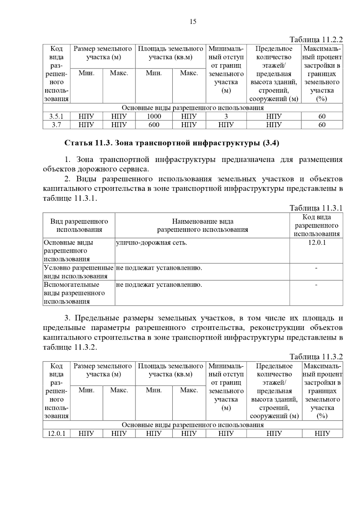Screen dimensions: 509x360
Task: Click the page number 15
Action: pos(193,21)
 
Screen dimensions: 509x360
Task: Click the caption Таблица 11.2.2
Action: pos(316,40)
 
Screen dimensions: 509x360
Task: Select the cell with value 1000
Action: pos(154,116)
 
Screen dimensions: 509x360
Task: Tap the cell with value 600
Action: pos(154,125)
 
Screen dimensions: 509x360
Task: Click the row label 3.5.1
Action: pos(56,116)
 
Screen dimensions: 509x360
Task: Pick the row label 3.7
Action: pos(56,125)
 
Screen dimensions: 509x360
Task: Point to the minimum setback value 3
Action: pos(226,116)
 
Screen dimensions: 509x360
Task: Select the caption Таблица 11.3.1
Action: pos(316,208)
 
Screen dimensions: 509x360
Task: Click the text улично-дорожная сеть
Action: pos(151,243)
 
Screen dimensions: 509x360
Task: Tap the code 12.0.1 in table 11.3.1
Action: pos(316,243)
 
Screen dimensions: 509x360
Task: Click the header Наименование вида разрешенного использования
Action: pos(202,225)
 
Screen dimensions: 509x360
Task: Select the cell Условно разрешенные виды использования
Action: pos(79,272)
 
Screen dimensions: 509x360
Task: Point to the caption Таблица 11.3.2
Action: pos(316,356)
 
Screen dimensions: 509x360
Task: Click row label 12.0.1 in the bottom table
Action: pos(56,433)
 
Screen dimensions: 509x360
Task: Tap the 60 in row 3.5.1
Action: pos(322,116)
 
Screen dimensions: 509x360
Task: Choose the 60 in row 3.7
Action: pos(322,125)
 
